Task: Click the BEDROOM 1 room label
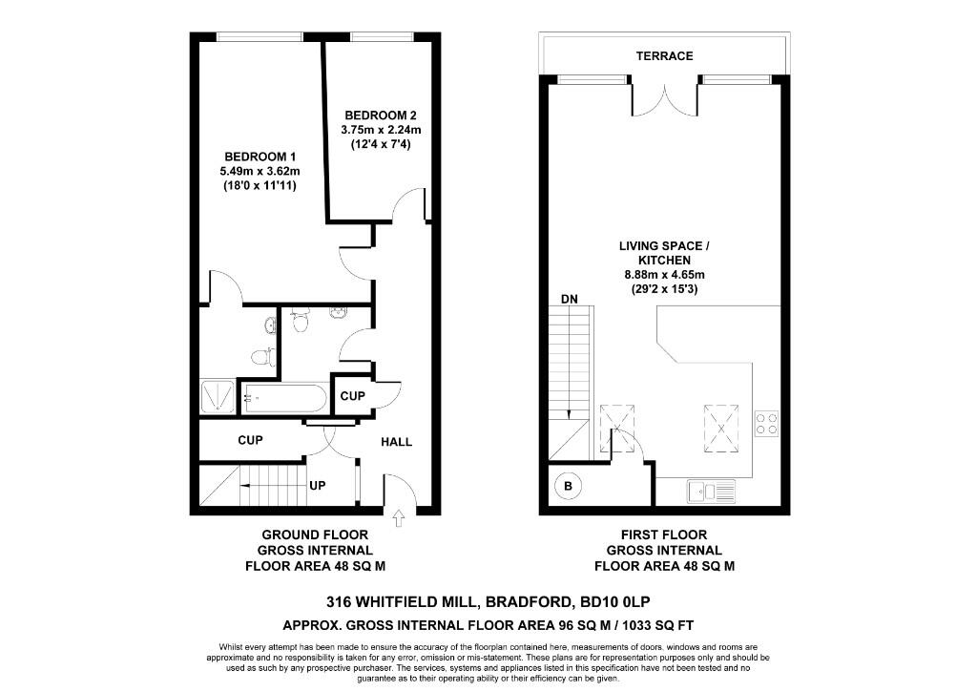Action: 260,157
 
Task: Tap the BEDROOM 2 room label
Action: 380,115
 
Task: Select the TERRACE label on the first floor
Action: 664,56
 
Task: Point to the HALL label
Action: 397,442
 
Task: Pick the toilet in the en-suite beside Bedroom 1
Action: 259,357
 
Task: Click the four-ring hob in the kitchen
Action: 766,423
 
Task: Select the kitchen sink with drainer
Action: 711,492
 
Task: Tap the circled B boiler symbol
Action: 569,487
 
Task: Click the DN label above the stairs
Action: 570,299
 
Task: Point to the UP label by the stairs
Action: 318,486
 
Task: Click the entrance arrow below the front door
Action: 398,518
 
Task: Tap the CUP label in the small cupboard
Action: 351,395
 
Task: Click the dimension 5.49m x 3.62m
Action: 260,172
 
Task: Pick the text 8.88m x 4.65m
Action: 664,275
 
